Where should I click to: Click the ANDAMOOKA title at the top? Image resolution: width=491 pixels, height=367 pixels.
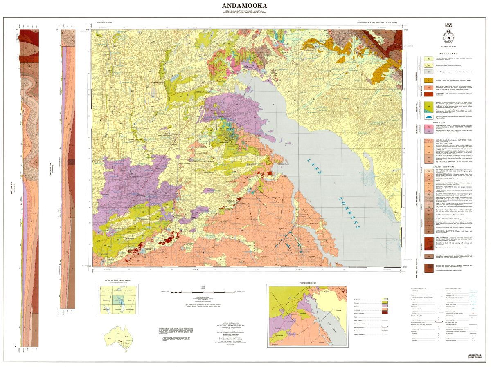[x=245, y=6]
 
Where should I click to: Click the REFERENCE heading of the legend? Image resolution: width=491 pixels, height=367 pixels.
[x=448, y=54]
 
